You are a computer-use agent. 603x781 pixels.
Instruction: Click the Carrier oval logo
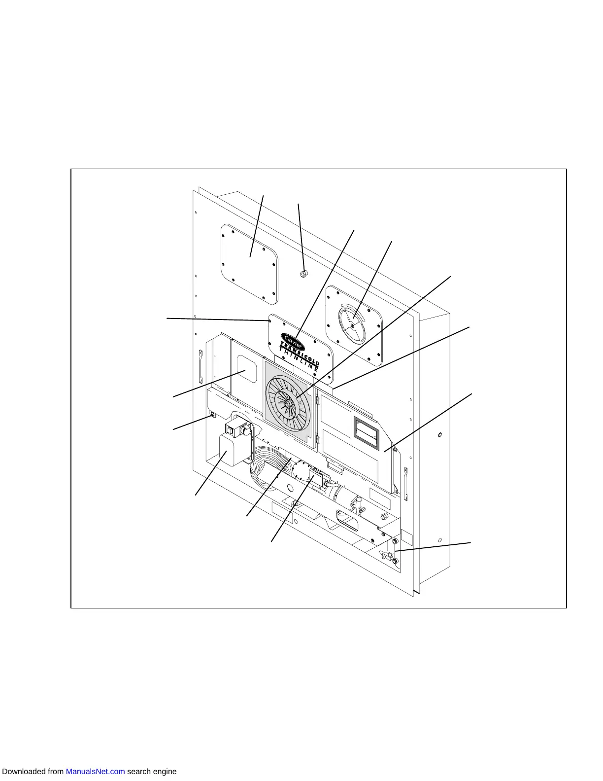(x=293, y=341)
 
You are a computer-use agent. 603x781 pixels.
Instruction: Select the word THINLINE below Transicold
(x=299, y=360)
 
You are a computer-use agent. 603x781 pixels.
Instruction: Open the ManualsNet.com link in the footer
(x=95, y=771)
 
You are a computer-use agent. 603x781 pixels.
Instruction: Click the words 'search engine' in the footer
(x=152, y=771)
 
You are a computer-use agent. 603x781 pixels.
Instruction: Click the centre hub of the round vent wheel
(x=352, y=324)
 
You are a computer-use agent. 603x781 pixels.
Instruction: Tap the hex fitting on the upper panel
(x=304, y=274)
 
